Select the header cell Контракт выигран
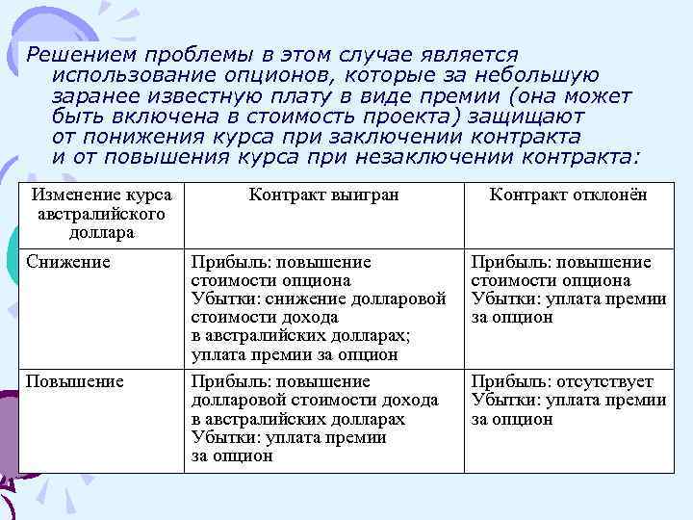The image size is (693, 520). [x=323, y=195]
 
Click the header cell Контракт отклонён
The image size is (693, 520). [x=568, y=195]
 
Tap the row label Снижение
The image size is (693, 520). [x=68, y=262]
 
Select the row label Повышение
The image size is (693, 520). [x=75, y=382]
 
